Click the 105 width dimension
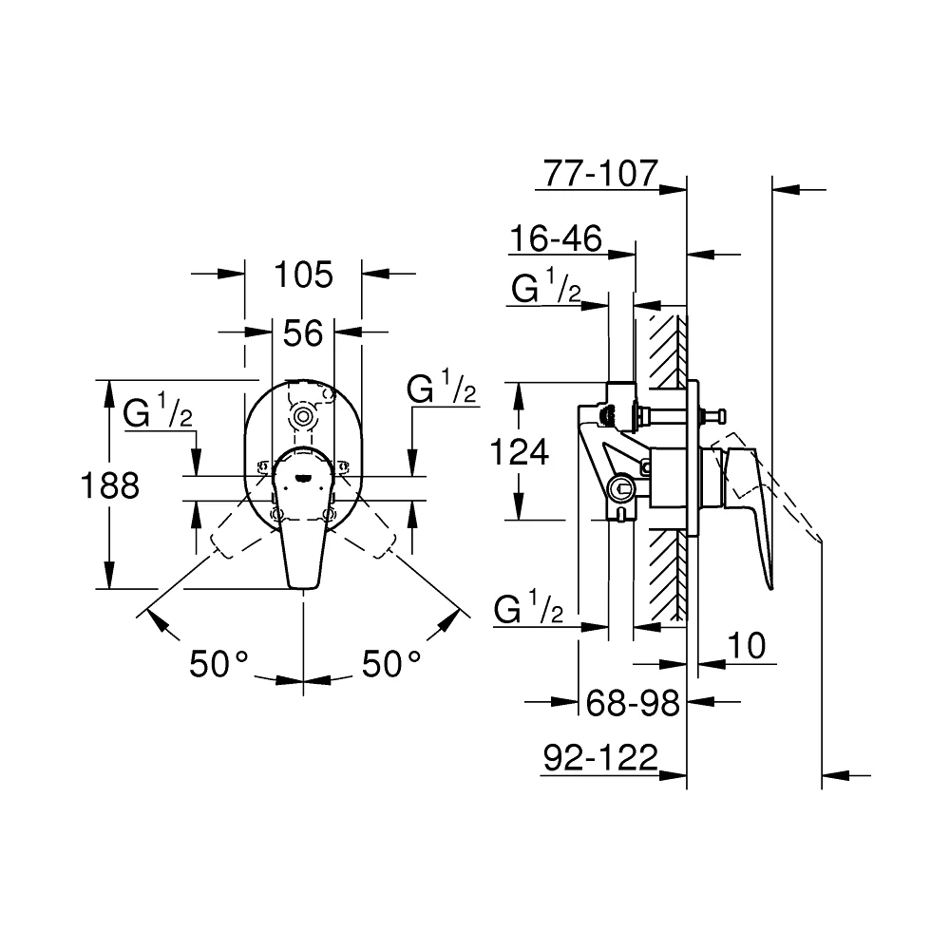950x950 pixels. (304, 275)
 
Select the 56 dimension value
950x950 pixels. (303, 332)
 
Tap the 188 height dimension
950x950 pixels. (109, 485)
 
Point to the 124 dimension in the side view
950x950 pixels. (520, 452)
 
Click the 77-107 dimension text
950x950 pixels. (600, 173)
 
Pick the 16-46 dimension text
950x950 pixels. (556, 238)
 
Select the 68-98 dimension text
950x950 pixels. (633, 703)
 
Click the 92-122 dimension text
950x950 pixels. (600, 757)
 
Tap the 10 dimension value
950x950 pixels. (747, 645)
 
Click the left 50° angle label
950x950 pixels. (218, 663)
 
